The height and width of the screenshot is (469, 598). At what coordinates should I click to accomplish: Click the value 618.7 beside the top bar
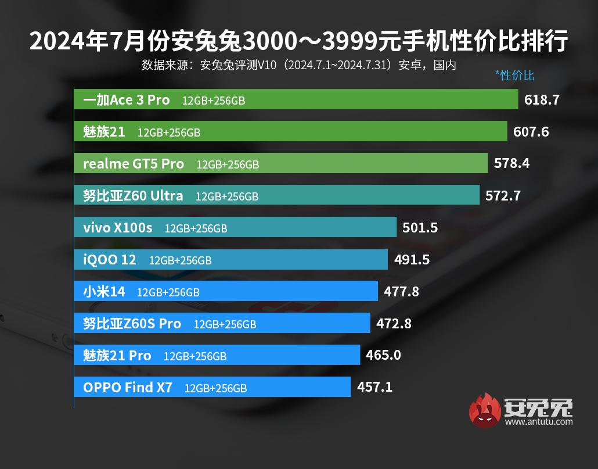point(542,100)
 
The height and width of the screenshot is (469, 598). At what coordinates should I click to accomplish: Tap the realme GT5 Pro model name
point(134,164)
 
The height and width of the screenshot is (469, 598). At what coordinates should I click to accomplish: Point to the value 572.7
point(503,196)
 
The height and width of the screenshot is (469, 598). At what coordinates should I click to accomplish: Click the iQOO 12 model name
point(110,260)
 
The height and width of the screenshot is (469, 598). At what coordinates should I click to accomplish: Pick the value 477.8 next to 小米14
point(401,292)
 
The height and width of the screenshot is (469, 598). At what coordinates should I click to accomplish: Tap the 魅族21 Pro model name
point(117,355)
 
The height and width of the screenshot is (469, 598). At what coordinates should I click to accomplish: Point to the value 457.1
point(375,386)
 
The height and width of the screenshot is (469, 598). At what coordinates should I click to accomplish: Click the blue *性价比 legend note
point(514,75)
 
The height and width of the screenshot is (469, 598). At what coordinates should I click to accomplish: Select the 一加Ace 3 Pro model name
point(127,100)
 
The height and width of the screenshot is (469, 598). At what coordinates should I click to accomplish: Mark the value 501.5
point(420,228)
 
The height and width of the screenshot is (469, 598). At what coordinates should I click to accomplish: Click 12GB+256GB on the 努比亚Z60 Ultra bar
point(227,196)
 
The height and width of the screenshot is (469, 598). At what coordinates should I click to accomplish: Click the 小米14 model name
point(104,292)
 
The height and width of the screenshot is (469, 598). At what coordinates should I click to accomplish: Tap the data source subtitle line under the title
point(298,65)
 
